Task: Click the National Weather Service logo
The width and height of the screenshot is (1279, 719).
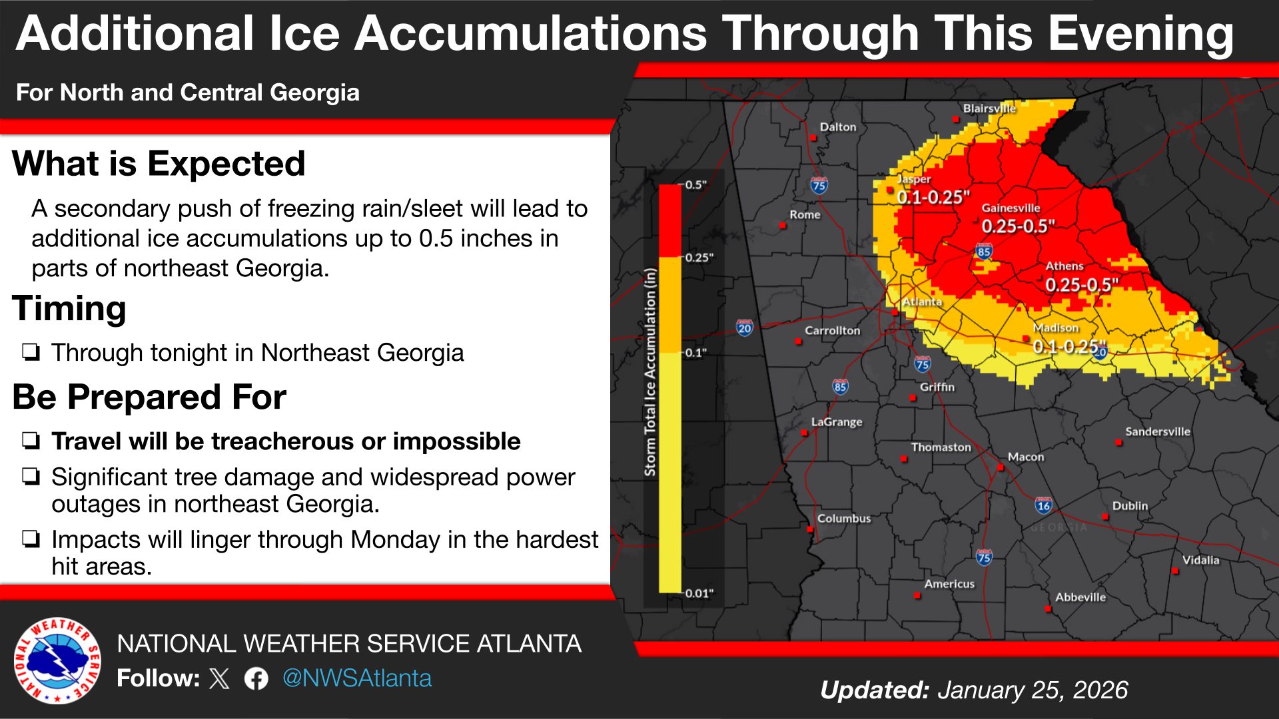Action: click(x=57, y=660)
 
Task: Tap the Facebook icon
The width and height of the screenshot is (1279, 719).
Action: click(x=256, y=678)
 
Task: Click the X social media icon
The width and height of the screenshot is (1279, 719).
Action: click(x=219, y=678)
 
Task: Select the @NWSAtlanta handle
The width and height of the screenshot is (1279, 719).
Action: click(x=357, y=678)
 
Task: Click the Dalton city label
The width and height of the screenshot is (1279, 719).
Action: click(x=837, y=126)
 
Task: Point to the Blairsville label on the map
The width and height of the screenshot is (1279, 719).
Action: click(x=989, y=108)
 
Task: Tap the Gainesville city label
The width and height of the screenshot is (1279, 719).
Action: click(x=1011, y=208)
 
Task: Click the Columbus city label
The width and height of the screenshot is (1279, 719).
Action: click(x=843, y=518)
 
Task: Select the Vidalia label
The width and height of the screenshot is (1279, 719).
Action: click(x=1200, y=560)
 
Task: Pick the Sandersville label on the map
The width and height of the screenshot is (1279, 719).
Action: click(x=1157, y=431)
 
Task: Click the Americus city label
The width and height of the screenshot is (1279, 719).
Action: click(x=949, y=584)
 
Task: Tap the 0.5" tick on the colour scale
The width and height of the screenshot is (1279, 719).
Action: click(x=695, y=184)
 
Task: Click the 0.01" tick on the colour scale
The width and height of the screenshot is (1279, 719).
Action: click(x=699, y=593)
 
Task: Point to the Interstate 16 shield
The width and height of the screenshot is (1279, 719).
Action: click(x=1043, y=505)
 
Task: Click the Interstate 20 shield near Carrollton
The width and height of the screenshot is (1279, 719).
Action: click(x=744, y=328)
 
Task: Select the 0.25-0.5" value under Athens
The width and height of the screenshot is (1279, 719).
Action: click(x=1081, y=285)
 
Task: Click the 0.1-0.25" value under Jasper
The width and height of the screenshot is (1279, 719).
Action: click(x=933, y=197)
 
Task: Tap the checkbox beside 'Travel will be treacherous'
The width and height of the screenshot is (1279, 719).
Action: click(x=31, y=441)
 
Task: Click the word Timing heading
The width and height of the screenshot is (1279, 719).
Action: click(x=69, y=309)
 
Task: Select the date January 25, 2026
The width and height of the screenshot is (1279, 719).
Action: click(x=1033, y=690)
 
